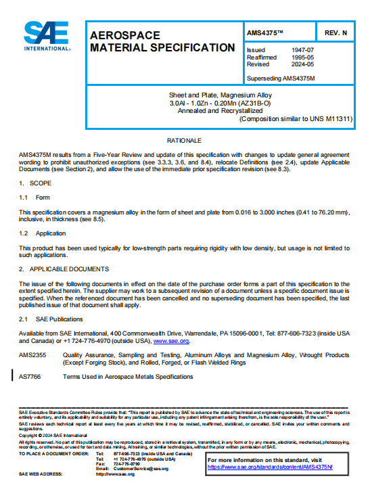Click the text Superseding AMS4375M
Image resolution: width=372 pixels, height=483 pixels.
[x=281, y=78]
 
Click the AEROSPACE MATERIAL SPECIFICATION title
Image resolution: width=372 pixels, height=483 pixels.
[x=162, y=41]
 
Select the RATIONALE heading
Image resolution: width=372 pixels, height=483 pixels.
[x=185, y=140]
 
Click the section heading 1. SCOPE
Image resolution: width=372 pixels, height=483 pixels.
[x=34, y=183]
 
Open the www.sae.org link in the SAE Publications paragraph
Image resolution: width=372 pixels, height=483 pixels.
[x=171, y=342]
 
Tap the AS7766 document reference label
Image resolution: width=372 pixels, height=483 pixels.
[x=30, y=376]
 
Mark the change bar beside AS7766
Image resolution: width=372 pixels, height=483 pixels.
[x=13, y=376]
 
